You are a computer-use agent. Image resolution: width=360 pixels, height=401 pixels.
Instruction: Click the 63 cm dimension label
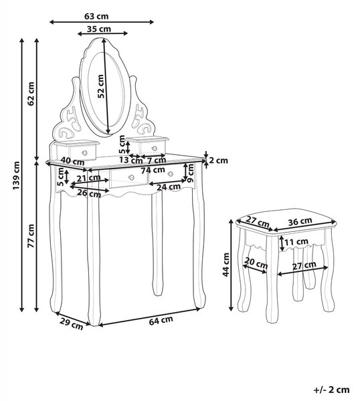(96, 16)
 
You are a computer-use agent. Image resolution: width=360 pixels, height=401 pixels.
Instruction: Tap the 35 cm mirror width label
(99, 29)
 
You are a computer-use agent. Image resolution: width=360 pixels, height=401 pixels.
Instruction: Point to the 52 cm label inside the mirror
(101, 86)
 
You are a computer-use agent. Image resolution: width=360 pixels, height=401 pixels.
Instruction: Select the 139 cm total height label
(16, 175)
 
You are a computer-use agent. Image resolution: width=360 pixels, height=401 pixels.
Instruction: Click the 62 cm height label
(31, 94)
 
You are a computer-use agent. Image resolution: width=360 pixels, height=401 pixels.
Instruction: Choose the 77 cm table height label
(31, 236)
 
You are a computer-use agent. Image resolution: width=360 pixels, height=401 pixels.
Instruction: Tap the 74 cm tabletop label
(153, 170)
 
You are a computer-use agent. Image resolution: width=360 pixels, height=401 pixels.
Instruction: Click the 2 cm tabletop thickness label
(218, 160)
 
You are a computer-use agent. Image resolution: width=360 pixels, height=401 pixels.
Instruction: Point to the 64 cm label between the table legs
(161, 320)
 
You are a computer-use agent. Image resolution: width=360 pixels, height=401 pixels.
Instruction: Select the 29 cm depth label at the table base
(72, 323)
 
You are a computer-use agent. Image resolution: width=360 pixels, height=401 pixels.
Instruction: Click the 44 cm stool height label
(226, 265)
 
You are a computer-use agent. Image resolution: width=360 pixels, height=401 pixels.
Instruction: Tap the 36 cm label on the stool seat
(300, 221)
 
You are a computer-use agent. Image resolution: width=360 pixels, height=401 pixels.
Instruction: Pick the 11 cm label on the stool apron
(296, 241)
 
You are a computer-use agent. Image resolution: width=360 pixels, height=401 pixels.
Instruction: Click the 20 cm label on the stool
(256, 263)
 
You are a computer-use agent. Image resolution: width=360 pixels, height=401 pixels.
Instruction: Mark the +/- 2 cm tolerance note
(332, 390)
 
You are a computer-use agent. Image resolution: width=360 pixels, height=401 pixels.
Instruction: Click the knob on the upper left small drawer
(84, 153)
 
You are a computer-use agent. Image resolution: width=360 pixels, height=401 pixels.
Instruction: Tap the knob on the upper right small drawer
(154, 148)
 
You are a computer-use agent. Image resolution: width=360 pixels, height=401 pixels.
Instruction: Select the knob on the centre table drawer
(131, 177)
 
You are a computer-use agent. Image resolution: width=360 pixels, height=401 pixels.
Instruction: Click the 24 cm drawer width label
(169, 187)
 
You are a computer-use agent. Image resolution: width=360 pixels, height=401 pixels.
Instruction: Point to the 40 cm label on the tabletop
(73, 161)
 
